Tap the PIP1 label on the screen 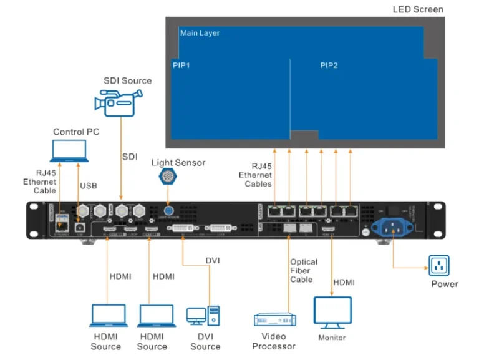[x=181, y=65]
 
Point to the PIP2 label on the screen [x=329, y=65]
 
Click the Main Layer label [x=200, y=33]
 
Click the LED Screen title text [x=418, y=9]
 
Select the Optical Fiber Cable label [x=304, y=271]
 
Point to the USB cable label [x=89, y=186]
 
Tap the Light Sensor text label [x=178, y=163]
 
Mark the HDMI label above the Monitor [x=343, y=282]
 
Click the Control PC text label [x=76, y=132]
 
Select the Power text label [x=445, y=284]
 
